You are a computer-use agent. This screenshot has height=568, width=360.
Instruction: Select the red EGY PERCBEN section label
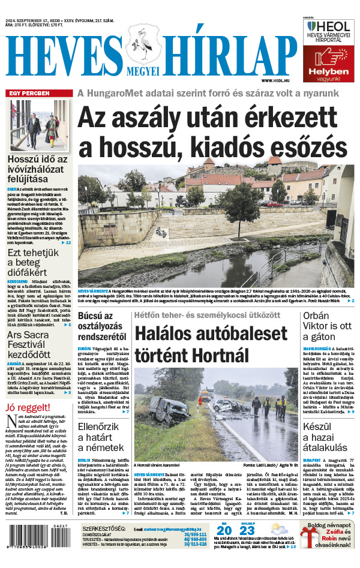[29, 94]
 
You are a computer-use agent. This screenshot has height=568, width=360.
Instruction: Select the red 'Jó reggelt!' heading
[26, 408]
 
